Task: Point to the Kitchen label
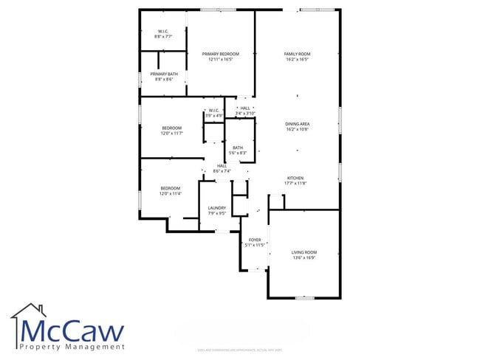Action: [295, 178]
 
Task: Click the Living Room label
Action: [304, 253]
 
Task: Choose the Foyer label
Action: [255, 240]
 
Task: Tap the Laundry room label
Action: [216, 208]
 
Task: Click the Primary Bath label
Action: [164, 74]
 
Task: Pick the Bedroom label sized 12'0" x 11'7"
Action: [171, 128]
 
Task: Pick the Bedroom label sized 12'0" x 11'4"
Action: [171, 188]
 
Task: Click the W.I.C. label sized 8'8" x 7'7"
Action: [163, 31]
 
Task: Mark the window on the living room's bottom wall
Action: [304, 298]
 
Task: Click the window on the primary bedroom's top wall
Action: [218, 10]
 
